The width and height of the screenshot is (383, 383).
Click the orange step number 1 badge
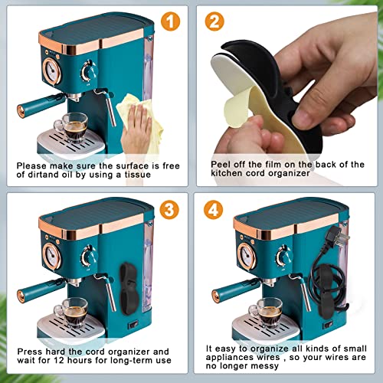pyautogui.click(x=170, y=21)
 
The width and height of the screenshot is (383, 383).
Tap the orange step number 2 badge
pyautogui.click(x=214, y=21)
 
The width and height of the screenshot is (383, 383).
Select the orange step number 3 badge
pyautogui.click(x=169, y=210)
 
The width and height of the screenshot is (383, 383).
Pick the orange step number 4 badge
pyautogui.click(x=214, y=210)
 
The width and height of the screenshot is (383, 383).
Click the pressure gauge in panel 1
pyautogui.click(x=51, y=71)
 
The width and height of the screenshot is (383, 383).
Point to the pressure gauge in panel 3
pyautogui.click(x=51, y=256)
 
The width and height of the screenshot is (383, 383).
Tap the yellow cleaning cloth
pyautogui.click(x=141, y=120)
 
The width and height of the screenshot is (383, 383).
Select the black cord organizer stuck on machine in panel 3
pyautogui.click(x=129, y=289)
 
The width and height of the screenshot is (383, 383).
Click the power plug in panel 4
pyautogui.click(x=339, y=236)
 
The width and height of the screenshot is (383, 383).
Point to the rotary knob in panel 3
pyautogui.click(x=89, y=256)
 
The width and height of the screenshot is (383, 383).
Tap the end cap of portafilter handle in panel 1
pyautogui.click(x=21, y=111)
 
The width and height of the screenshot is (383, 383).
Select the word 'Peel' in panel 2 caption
pyautogui.click(x=220, y=164)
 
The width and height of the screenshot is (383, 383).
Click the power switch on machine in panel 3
pyautogui.click(x=133, y=326)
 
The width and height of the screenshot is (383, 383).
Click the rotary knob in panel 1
pyautogui.click(x=89, y=71)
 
